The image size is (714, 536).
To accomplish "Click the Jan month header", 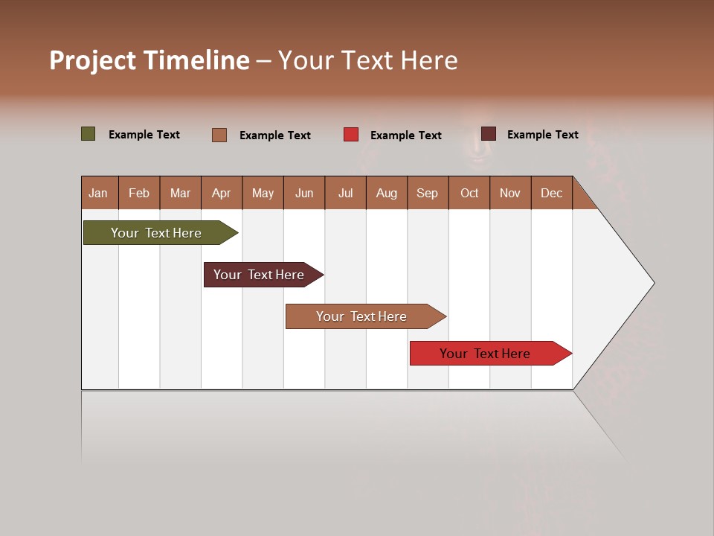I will tap(99, 193).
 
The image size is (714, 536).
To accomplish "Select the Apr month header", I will tap(222, 193).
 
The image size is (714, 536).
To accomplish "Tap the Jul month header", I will tap(345, 193).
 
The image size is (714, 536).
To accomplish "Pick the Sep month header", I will tap(427, 193).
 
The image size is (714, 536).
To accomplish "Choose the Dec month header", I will tap(551, 193).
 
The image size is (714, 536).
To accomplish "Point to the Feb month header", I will tap(139, 193).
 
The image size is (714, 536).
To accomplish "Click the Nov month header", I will tap(510, 193).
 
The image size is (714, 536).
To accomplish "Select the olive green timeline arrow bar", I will tap(156, 233).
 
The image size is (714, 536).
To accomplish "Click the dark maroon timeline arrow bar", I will tap(259, 275).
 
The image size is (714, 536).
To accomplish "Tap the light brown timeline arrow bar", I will tap(361, 316).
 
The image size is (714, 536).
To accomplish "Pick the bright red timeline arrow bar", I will tap(485, 354).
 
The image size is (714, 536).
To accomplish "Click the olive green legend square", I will tap(89, 134).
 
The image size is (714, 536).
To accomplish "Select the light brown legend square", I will tap(219, 135).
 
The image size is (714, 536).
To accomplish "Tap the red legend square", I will tap(351, 135).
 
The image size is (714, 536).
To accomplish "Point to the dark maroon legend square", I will tap(489, 134).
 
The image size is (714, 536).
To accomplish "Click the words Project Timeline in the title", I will tap(149, 60).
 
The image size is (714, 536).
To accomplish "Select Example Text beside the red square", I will tap(405, 135).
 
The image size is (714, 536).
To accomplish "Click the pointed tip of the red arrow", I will tap(570, 354).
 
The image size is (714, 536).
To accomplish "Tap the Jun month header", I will tap(304, 193).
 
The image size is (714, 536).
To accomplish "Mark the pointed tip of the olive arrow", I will tap(237, 233).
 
